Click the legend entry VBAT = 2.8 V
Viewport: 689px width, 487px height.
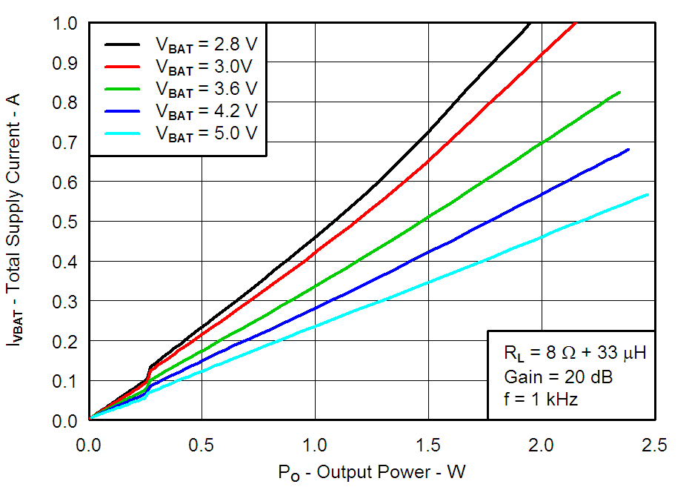pyautogui.click(x=206, y=44)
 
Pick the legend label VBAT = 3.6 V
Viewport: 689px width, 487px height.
pyautogui.click(x=206, y=88)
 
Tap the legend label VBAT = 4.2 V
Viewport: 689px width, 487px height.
pyautogui.click(x=206, y=111)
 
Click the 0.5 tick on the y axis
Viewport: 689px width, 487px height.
pyautogui.click(x=67, y=222)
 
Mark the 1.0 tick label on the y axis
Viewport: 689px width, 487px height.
pyautogui.click(x=67, y=24)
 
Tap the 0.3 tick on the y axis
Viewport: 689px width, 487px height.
pyautogui.click(x=67, y=301)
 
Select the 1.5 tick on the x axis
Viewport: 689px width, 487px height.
pyautogui.click(x=428, y=445)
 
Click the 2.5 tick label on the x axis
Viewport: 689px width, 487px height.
pyautogui.click(x=654, y=445)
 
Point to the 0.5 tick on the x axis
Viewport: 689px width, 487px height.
pyautogui.click(x=202, y=445)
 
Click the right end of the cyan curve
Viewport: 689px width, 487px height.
pyautogui.click(x=648, y=194)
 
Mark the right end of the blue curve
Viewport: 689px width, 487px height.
pyautogui.click(x=628, y=150)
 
